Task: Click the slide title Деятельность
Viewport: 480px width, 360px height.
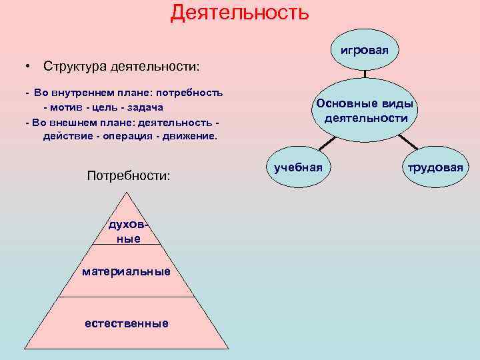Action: (239, 12)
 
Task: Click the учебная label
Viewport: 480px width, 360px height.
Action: (298, 167)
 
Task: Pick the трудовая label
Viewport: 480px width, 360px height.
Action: (435, 167)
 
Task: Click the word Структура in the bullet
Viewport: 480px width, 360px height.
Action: (72, 67)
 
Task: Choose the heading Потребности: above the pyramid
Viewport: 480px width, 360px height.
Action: (129, 175)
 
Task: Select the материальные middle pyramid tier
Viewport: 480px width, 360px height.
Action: (126, 271)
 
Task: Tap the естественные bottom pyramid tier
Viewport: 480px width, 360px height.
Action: (126, 323)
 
